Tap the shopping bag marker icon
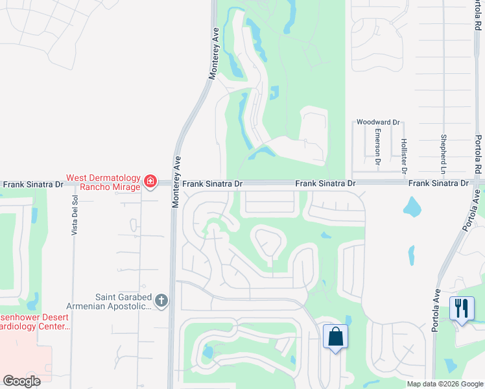coord(336,337)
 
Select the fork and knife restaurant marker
coord(461,308)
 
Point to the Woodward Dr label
coord(379,122)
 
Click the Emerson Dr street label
coord(377,143)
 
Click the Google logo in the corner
coord(22,381)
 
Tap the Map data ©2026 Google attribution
coord(445,384)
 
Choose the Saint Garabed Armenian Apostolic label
coord(108,301)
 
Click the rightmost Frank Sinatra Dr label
coord(438,183)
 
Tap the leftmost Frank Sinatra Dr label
coord(32,184)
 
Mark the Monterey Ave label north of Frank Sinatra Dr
coord(213,53)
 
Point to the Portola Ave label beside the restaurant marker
coord(436,310)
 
